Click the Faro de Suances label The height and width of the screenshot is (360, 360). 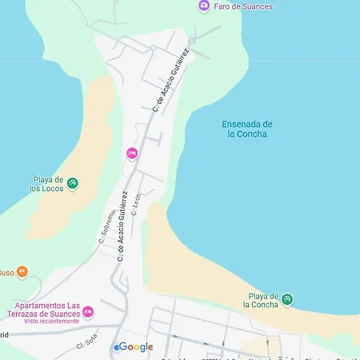tap(243, 6)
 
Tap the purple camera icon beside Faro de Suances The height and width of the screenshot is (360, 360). tap(204, 6)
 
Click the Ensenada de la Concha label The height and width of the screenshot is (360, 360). tap(246, 129)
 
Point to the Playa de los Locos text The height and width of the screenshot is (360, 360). tap(49, 184)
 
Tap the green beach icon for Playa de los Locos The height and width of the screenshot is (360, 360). tap(73, 184)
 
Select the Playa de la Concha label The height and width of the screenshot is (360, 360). tap(262, 300)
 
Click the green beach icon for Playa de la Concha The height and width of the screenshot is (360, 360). tap(287, 300)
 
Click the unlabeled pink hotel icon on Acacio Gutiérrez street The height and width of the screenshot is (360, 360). tap(132, 153)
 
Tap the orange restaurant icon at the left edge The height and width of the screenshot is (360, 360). tap(22, 272)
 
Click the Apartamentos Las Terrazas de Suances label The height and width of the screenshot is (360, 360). tap(44, 310)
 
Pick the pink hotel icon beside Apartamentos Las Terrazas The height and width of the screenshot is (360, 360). tap(88, 310)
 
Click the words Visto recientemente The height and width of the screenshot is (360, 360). tap(45, 322)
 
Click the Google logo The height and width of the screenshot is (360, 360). tap(134, 346)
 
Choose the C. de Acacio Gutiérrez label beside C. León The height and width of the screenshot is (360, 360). tap(122, 226)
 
